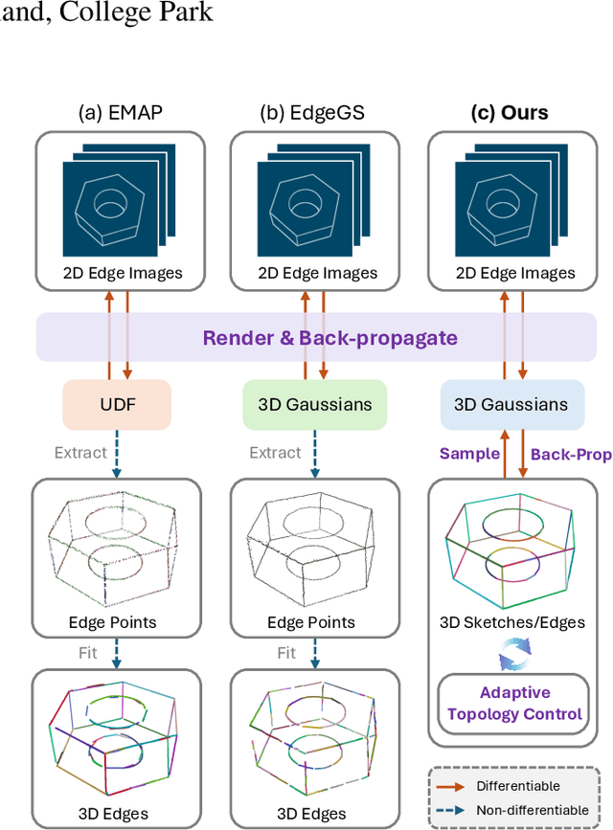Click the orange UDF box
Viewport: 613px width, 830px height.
pyautogui.click(x=117, y=404)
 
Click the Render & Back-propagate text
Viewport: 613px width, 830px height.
pyautogui.click(x=316, y=337)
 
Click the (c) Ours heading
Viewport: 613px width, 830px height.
pyautogui.click(x=510, y=112)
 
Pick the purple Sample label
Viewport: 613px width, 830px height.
pyautogui.click(x=470, y=454)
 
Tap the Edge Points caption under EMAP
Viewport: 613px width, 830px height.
pyautogui.click(x=112, y=622)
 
